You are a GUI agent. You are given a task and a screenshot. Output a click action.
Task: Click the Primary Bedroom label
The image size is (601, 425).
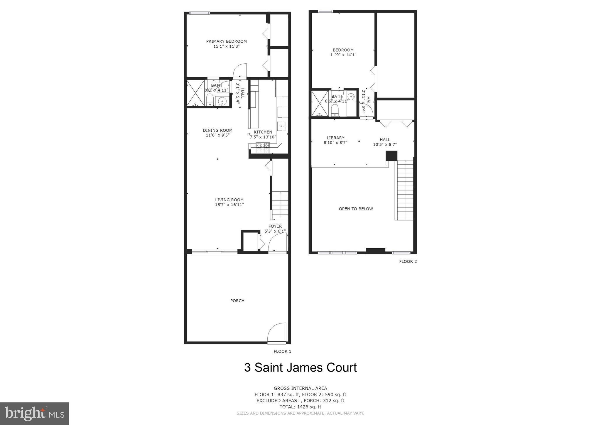coord(226,41)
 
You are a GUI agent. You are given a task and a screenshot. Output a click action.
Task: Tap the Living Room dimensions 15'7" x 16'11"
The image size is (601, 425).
coord(229,205)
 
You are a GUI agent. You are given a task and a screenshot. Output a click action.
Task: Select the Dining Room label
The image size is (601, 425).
coord(217,130)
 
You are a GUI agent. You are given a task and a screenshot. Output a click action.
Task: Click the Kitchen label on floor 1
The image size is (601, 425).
coord(263,132)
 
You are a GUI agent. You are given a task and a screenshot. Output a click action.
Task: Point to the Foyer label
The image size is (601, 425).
coord(275,226)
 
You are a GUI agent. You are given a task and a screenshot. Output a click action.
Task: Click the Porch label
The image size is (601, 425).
coord(237,301)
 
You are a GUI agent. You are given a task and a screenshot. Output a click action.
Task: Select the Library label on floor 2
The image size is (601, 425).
coord(335,138)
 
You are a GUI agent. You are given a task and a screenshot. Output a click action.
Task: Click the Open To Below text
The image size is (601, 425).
coord(356,209)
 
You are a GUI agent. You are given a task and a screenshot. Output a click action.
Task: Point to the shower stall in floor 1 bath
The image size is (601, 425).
coord(195,93)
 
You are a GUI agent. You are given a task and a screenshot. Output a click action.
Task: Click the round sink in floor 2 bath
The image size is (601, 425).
coord(352,96)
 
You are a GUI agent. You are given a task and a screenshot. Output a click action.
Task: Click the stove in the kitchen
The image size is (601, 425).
coord(263,148)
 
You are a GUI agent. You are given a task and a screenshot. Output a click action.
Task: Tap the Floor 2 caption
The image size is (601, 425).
coord(408,262)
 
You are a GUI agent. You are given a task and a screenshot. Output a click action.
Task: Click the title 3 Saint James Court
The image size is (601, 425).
coord(300,367)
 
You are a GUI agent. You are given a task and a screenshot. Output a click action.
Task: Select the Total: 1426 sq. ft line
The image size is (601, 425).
coord(300,407)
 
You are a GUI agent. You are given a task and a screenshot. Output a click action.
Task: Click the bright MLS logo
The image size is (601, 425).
coord(34,414)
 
